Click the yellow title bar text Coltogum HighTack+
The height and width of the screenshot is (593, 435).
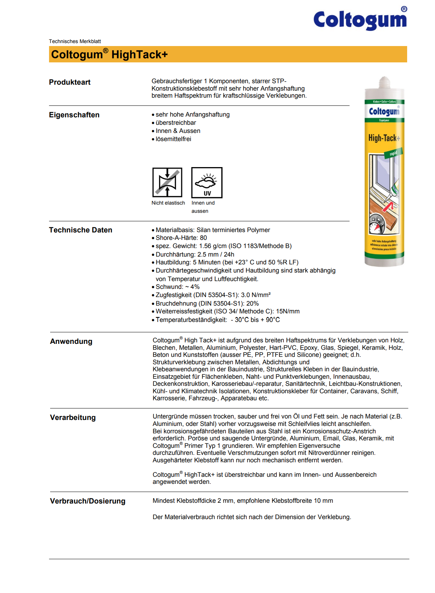point(109,55)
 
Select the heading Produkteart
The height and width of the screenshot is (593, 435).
point(70,82)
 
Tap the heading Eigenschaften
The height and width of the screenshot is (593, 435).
point(74,115)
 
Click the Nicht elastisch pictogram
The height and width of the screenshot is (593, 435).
point(167,182)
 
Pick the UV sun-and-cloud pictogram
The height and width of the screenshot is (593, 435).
point(207,182)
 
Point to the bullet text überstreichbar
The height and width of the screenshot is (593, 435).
point(176,123)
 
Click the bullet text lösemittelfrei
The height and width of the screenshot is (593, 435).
point(173,139)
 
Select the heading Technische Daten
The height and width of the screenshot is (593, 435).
point(81,230)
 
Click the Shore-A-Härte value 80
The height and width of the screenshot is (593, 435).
point(203,238)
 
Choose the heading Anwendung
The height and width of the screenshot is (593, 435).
point(71,341)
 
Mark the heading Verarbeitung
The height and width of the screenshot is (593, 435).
point(73,417)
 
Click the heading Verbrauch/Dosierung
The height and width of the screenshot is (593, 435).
point(88,501)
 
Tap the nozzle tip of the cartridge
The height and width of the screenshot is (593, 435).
point(384,80)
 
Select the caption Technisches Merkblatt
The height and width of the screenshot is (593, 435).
point(75,41)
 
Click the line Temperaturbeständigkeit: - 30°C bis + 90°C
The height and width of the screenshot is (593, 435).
point(218,320)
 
